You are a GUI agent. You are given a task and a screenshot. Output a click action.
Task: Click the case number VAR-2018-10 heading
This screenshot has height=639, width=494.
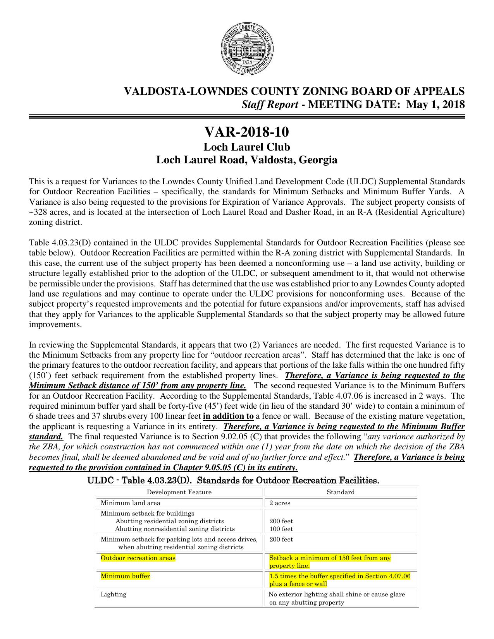tap(247, 133)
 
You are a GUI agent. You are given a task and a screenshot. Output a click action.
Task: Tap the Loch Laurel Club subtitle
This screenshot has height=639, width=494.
tap(247, 147)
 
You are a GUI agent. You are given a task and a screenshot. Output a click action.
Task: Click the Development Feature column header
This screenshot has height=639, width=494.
tap(179, 492)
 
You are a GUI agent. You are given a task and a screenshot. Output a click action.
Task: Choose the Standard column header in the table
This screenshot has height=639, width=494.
tap(341, 492)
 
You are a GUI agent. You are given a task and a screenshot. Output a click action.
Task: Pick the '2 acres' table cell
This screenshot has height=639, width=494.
tap(280, 503)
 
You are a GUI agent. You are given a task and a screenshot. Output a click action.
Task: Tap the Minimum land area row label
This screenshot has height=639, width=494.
tap(130, 503)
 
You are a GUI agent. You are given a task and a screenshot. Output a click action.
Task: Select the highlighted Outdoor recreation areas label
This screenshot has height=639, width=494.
tap(138, 558)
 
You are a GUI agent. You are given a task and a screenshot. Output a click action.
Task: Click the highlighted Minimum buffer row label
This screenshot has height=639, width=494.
tap(125, 576)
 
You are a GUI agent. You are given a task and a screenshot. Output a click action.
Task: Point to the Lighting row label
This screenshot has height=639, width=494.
tap(114, 594)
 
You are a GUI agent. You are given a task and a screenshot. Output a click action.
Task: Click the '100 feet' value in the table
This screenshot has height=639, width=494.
tap(281, 529)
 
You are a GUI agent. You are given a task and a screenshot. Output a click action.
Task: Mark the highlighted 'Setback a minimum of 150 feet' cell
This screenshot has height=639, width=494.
tap(330, 562)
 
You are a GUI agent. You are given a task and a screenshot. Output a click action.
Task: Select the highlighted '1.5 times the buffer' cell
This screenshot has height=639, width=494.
tap(339, 580)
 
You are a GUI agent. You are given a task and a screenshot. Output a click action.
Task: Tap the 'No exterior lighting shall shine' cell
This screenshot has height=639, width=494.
tap(336, 598)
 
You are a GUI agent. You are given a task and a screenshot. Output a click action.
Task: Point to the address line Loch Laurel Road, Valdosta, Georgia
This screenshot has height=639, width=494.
tap(247, 160)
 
